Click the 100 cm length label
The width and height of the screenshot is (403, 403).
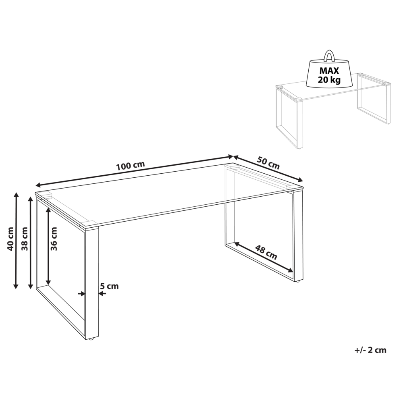pos(130,166)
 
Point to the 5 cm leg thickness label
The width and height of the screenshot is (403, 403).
pos(109,286)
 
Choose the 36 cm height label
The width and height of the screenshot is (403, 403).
pos(54,239)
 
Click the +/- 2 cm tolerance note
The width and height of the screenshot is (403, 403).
pos(370,350)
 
